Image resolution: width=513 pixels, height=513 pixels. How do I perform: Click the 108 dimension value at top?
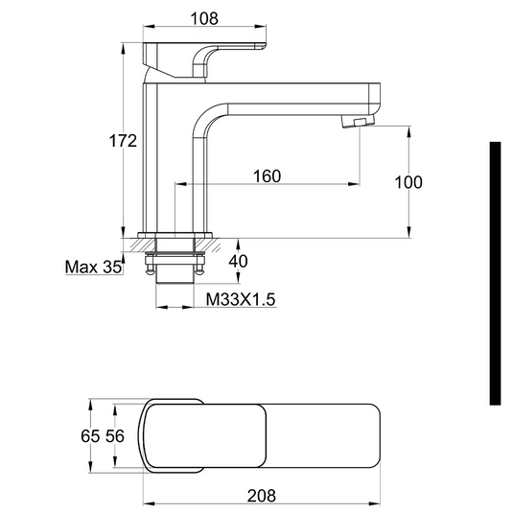point(204,18)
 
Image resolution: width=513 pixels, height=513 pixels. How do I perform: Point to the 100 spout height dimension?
point(408,182)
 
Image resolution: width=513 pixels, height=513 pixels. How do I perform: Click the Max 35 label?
point(93,267)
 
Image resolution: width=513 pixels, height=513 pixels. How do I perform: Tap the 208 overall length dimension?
point(261,495)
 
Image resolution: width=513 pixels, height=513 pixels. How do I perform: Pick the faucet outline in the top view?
point(264,435)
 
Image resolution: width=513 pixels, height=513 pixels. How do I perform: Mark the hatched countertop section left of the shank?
point(133,243)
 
